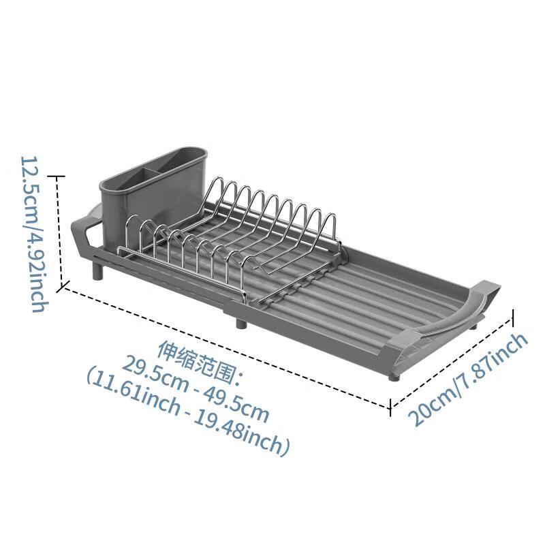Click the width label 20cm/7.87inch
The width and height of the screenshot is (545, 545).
pos(469,379)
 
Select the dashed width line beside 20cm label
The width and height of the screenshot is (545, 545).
pos(451,361)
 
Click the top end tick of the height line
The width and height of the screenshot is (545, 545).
pos(60,176)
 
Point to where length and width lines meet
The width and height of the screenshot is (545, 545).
pos(390,408)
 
